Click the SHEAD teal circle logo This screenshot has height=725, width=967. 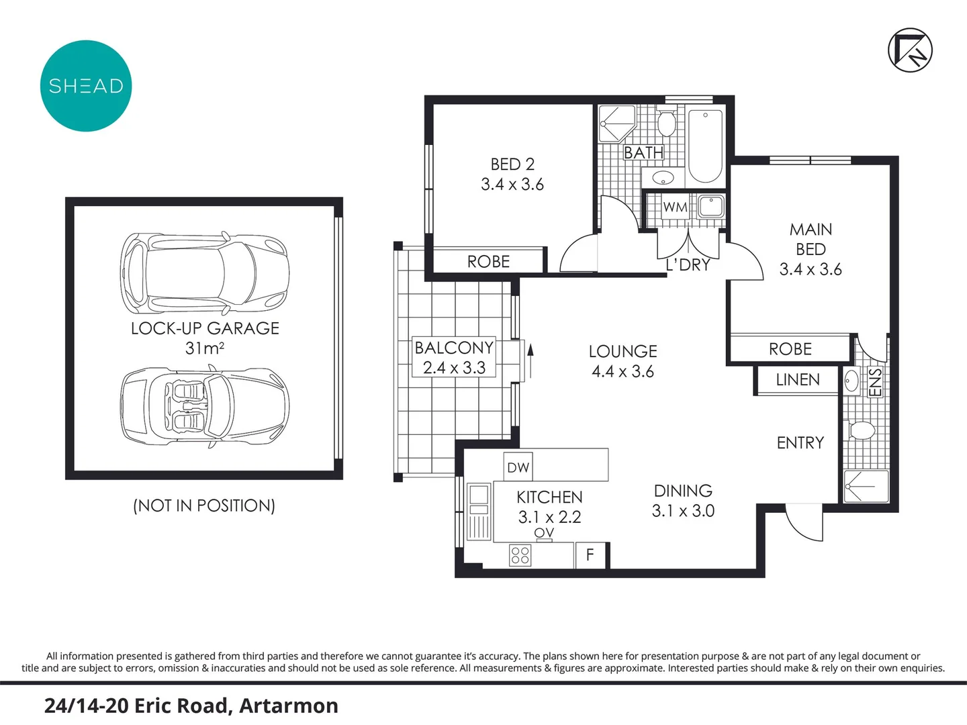pyautogui.click(x=86, y=86)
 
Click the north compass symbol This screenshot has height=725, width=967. pyautogui.click(x=910, y=50)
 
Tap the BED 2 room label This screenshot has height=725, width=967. pyautogui.click(x=512, y=164)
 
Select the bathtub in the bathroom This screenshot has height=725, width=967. pyautogui.click(x=705, y=146)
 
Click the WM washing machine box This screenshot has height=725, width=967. pyautogui.click(x=675, y=207)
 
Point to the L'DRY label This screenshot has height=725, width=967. pyautogui.click(x=688, y=265)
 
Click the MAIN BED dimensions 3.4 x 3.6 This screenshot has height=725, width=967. pyautogui.click(x=811, y=269)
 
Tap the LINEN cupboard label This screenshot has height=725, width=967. pyautogui.click(x=798, y=380)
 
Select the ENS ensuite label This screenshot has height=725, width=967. pyautogui.click(x=875, y=383)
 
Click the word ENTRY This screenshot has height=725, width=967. pyautogui.click(x=800, y=443)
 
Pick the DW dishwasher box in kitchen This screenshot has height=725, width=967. pyautogui.click(x=518, y=468)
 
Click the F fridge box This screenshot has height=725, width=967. pyautogui.click(x=590, y=555)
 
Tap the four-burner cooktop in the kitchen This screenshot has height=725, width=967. pyautogui.click(x=520, y=555)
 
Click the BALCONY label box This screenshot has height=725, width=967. pyautogui.click(x=454, y=357)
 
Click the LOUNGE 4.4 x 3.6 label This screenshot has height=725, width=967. pyautogui.click(x=623, y=361)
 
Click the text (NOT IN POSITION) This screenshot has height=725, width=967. pyautogui.click(x=204, y=505)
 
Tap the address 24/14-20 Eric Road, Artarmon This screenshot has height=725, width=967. pyautogui.click(x=191, y=706)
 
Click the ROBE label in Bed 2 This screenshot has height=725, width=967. pyautogui.click(x=488, y=262)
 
